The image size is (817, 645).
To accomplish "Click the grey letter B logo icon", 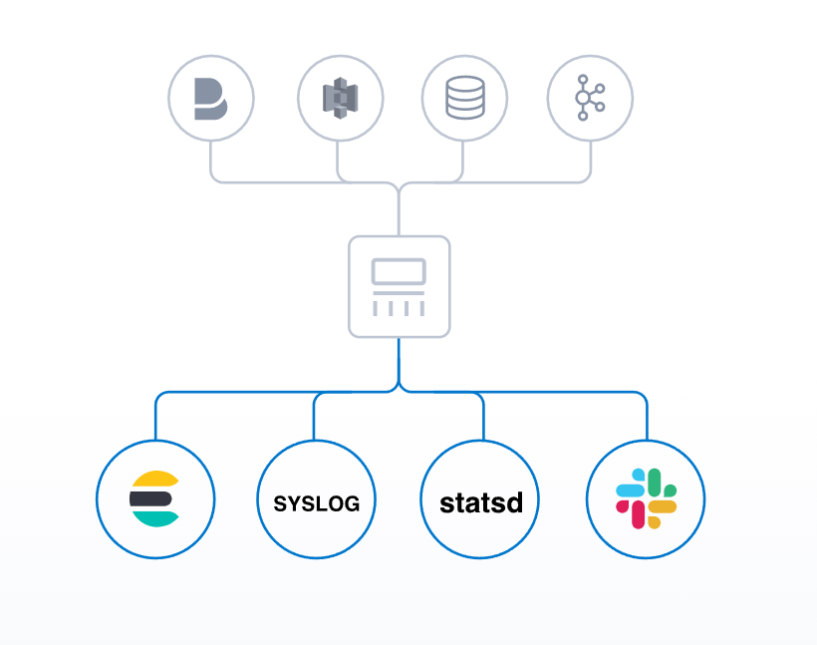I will tap(210, 98).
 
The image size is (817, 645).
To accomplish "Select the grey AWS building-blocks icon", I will tap(340, 98).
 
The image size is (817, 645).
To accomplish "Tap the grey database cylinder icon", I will tap(464, 98).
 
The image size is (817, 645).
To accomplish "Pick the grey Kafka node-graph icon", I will tap(589, 98).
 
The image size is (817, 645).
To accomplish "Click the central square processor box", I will tap(399, 286).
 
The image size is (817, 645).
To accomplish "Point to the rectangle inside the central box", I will tap(399, 271).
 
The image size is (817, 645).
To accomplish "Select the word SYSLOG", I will tap(316, 502).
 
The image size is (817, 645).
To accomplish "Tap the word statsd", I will tap(481, 501).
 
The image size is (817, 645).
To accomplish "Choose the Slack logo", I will tap(646, 498).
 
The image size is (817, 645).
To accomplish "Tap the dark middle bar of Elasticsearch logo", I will tap(150, 496).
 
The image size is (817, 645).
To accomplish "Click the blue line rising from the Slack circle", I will tap(647, 419).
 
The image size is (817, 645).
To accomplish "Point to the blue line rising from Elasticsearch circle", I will tap(155, 419).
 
